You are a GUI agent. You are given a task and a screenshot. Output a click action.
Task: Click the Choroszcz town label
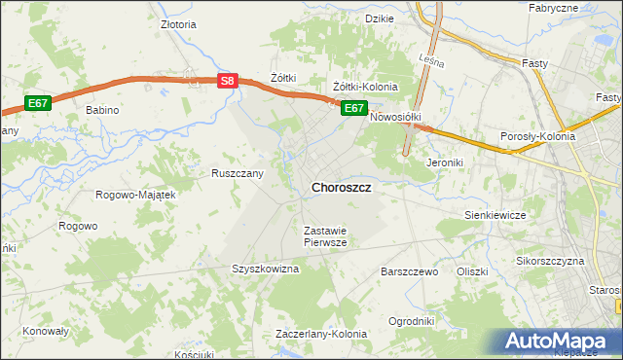click(x=340, y=188)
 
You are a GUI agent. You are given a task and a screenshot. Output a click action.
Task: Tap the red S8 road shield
click(x=227, y=82)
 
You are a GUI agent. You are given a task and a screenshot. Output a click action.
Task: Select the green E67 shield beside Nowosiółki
click(x=353, y=108)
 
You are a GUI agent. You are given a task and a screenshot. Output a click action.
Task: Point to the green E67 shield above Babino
click(x=38, y=103)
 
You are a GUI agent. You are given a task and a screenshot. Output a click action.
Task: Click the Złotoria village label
click(x=178, y=26)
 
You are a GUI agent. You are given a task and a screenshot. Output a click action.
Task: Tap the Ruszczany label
click(x=238, y=173)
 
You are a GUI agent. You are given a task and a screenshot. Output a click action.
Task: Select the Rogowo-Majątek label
click(x=135, y=195)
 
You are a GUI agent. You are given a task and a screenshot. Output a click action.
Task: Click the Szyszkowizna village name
click(x=264, y=269)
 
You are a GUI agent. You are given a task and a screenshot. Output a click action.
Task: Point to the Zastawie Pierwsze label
click(x=325, y=236)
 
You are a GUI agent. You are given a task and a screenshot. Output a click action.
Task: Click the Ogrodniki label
click(x=410, y=321)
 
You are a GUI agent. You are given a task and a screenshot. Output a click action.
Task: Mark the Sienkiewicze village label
click(x=495, y=214)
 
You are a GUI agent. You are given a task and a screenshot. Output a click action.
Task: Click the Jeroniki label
click(x=443, y=162)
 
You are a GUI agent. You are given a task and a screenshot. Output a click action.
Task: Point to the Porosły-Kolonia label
click(x=537, y=137)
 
